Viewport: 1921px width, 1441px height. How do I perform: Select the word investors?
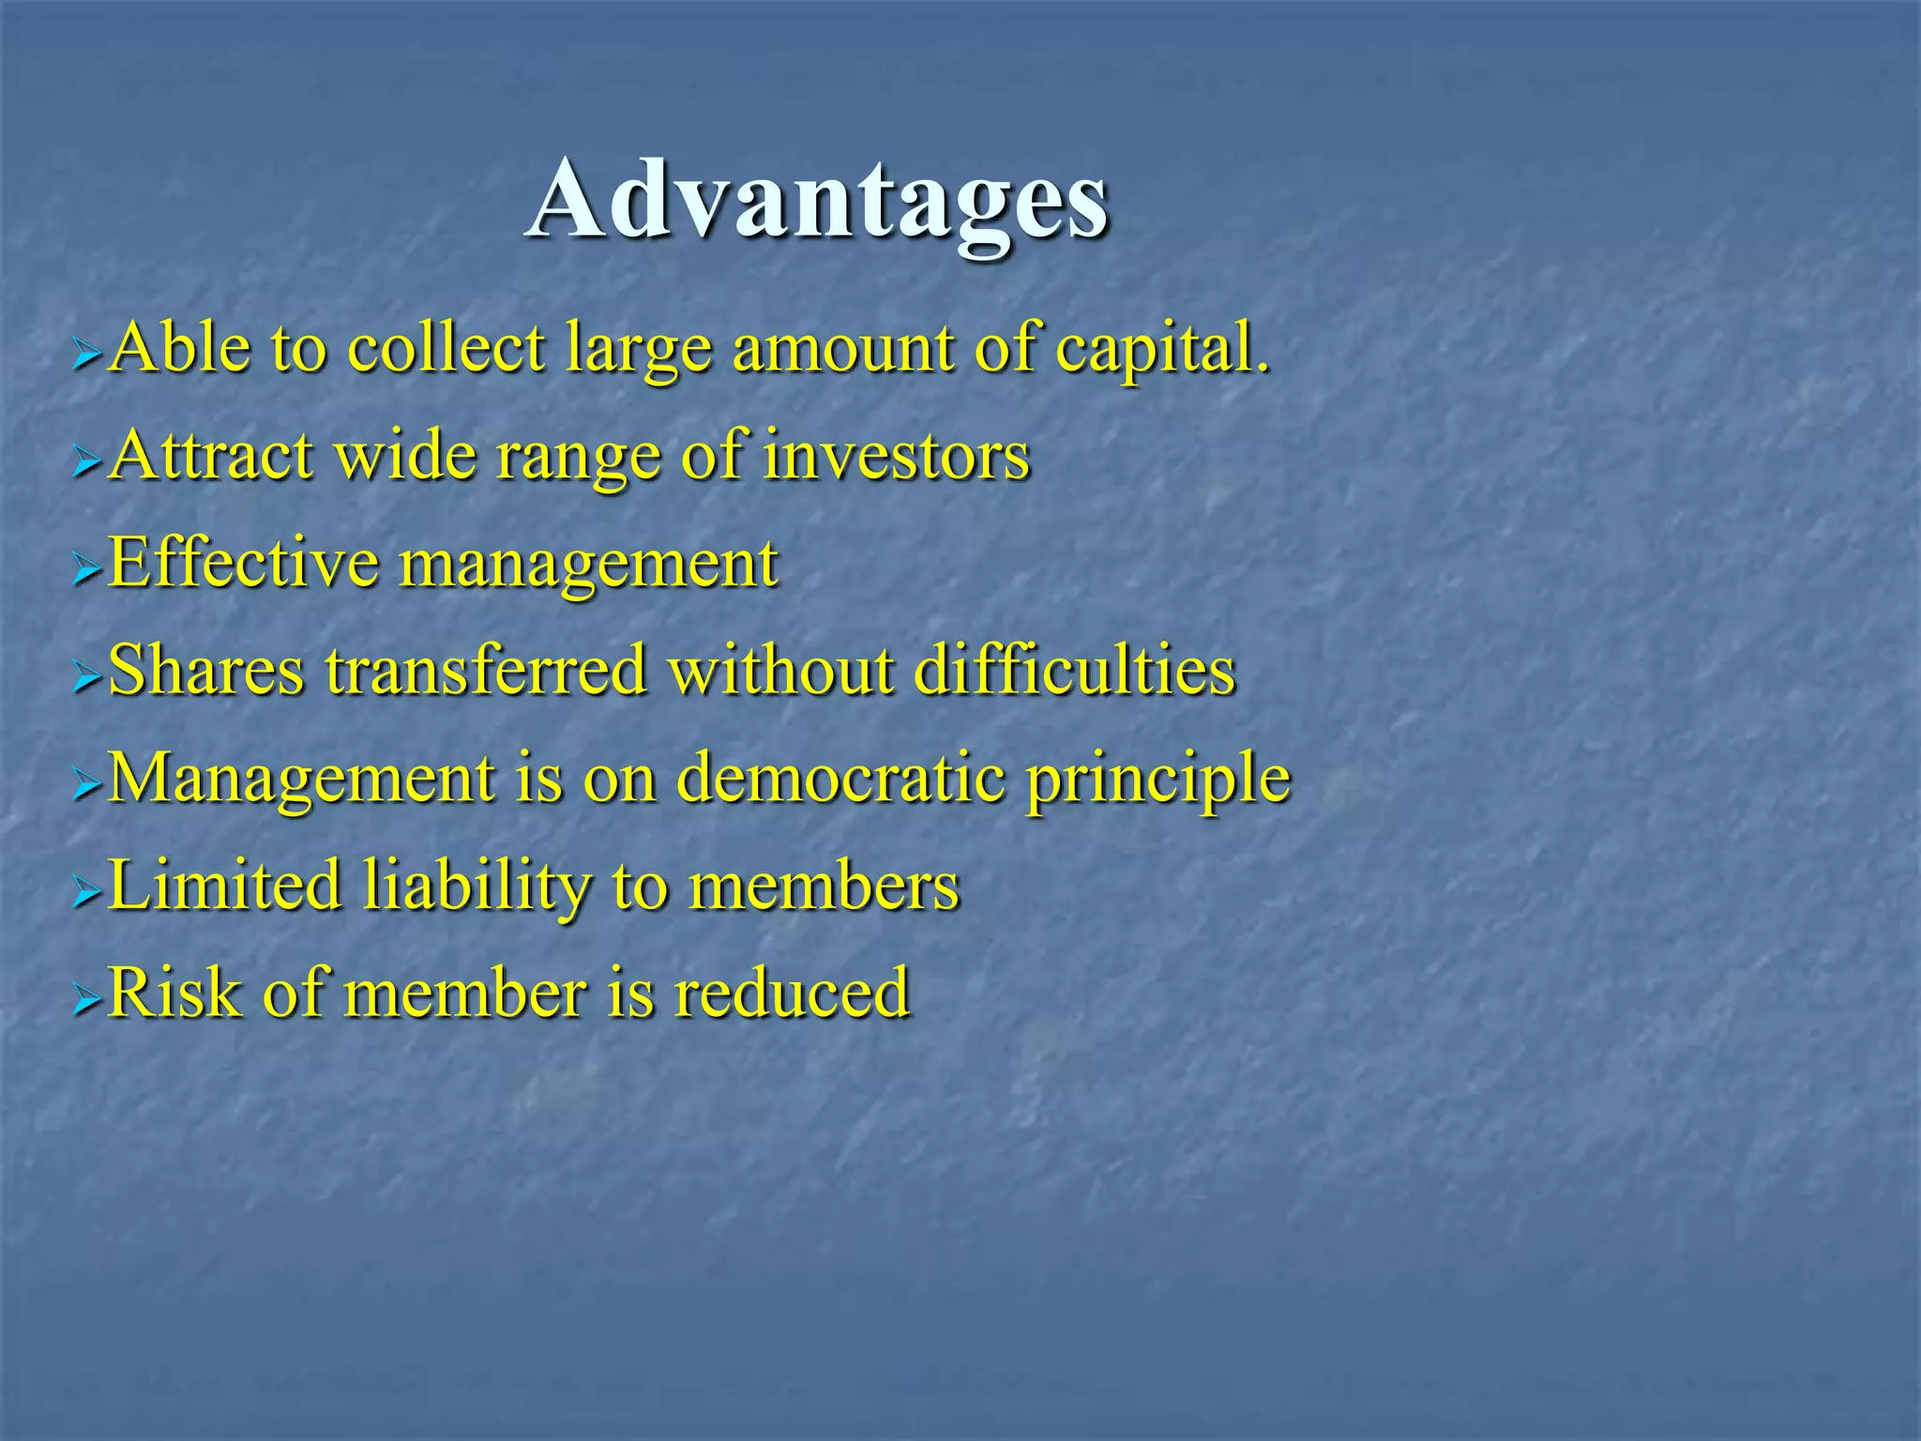[x=896, y=456]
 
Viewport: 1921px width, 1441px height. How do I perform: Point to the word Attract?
[x=211, y=456]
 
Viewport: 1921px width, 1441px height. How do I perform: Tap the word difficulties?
[x=1074, y=671]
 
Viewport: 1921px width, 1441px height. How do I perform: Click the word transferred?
[x=486, y=671]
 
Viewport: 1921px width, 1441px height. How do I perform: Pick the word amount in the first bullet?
[x=840, y=349]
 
